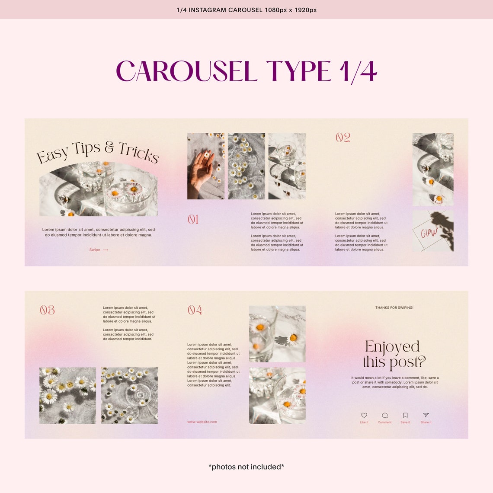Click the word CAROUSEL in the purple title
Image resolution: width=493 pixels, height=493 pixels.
(x=186, y=71)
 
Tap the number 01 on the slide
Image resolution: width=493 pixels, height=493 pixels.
(x=193, y=220)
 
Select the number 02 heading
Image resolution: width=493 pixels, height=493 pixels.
(x=343, y=138)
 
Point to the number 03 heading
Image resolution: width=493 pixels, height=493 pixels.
(x=47, y=310)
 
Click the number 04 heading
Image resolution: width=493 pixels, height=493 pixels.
(x=195, y=310)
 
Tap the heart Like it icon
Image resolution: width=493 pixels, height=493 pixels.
(x=364, y=415)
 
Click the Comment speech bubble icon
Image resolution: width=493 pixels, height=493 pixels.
(x=384, y=415)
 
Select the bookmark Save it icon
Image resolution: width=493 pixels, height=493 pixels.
(x=405, y=415)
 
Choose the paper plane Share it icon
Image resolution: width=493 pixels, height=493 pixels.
(x=426, y=415)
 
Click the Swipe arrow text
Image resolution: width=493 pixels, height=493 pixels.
(x=99, y=250)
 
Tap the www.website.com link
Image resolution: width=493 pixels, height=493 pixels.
(x=202, y=422)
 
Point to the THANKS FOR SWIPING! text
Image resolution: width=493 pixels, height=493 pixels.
(x=394, y=307)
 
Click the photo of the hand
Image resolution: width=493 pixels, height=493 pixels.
(x=206, y=166)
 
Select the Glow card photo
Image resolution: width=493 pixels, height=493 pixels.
(x=433, y=231)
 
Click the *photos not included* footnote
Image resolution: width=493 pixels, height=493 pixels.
(x=246, y=467)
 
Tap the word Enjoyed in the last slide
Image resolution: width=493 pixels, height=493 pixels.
(x=392, y=346)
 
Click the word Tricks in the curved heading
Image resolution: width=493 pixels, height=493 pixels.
(x=139, y=152)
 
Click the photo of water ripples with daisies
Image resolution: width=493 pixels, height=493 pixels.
(x=129, y=396)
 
